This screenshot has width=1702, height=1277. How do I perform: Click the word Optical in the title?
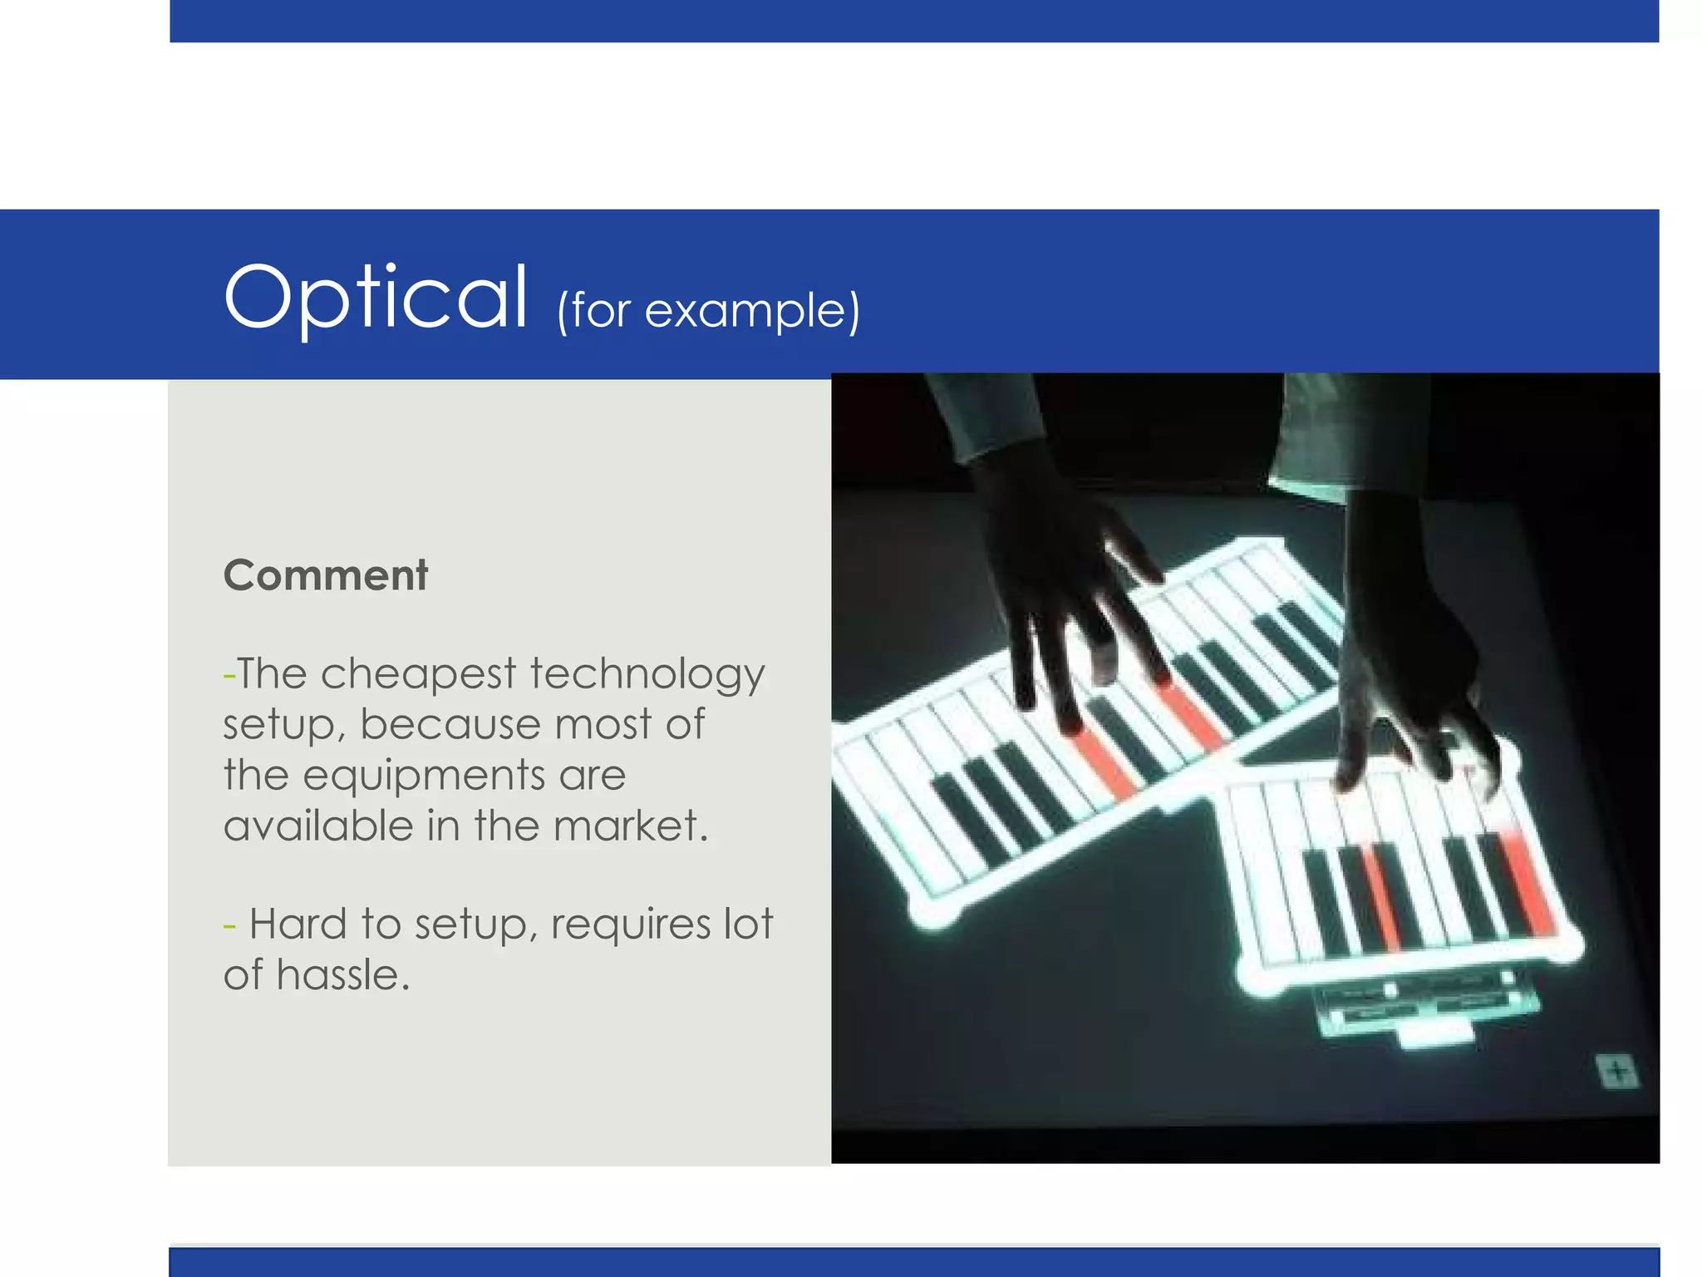(376, 298)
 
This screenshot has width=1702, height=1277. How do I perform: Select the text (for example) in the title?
(708, 311)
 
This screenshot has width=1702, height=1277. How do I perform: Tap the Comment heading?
(325, 575)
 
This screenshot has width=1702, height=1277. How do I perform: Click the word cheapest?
(419, 674)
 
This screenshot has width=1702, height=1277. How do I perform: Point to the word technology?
(647, 674)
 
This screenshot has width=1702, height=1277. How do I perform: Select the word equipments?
(424, 776)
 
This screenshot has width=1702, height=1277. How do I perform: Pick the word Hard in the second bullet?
(298, 924)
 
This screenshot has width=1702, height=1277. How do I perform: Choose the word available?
(318, 826)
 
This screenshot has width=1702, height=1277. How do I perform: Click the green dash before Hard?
(230, 924)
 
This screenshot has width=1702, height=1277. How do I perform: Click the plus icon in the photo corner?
(1617, 1071)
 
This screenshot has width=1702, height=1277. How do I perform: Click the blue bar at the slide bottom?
(914, 1261)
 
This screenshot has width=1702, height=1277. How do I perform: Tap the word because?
(449, 724)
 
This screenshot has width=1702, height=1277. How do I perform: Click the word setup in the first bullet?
(278, 726)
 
